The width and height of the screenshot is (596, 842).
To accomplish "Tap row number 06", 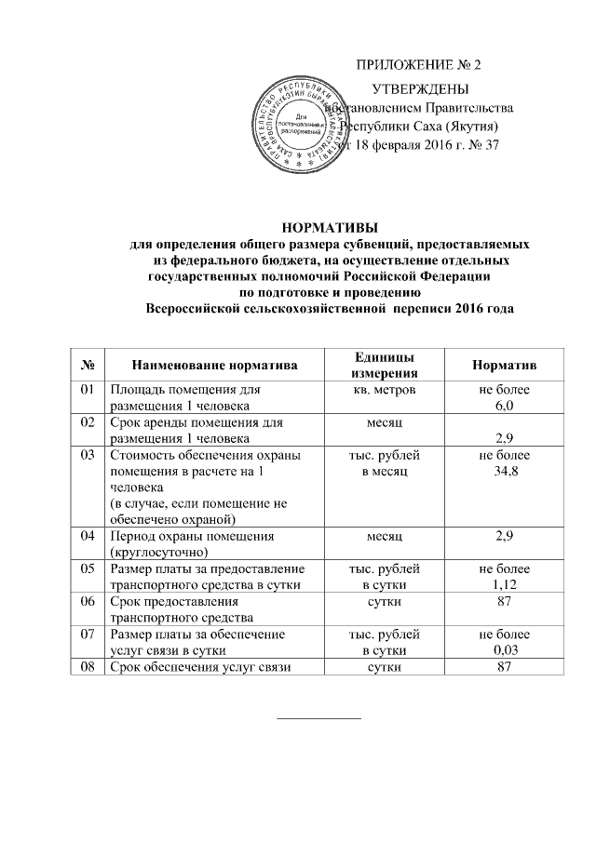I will tap(88, 602).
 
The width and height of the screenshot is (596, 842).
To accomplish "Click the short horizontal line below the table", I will tap(319, 718).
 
